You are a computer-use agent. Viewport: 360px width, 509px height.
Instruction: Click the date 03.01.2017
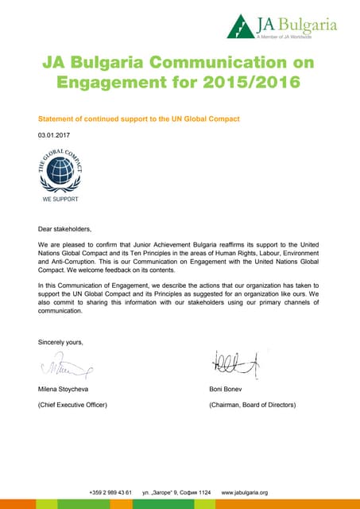tap(54, 135)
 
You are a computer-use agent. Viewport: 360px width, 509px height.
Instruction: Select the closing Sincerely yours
tap(60, 342)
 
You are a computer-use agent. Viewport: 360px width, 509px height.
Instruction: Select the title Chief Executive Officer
tap(72, 405)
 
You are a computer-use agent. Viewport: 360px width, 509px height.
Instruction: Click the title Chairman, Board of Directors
tap(252, 405)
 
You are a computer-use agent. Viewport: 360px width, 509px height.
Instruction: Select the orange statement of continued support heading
tap(139, 119)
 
